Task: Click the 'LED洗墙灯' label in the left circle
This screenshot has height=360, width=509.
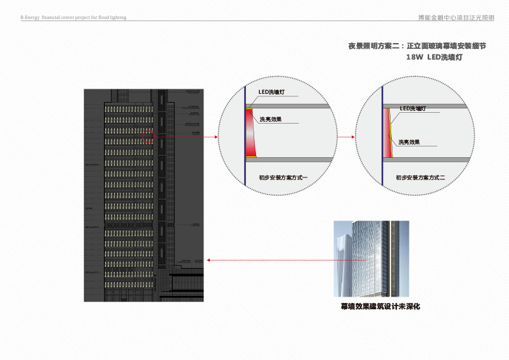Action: tap(271, 93)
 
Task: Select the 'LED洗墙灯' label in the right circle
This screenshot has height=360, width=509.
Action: tap(413, 109)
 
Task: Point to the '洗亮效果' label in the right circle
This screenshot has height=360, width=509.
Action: tap(408, 142)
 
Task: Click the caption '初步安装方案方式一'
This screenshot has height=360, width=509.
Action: tap(283, 178)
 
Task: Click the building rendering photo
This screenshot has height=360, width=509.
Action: tap(371, 259)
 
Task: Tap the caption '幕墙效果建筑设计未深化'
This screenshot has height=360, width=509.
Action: tap(380, 307)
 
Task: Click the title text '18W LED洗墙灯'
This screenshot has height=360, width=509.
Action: tap(434, 57)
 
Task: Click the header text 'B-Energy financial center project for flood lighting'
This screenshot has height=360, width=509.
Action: tap(73, 18)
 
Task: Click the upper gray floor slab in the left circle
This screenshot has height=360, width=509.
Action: tap(289, 106)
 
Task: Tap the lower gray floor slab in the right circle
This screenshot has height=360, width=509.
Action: tap(431, 160)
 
